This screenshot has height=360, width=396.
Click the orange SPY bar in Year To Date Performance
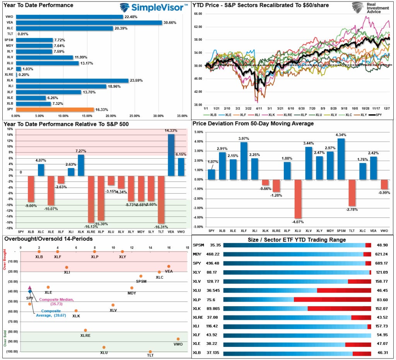[x=55, y=110]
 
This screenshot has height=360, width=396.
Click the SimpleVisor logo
[x=154, y=7]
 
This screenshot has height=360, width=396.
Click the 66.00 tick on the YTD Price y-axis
[x=198, y=14]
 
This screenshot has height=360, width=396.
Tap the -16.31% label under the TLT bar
[x=161, y=227]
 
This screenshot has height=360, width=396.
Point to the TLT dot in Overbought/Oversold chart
[x=150, y=351]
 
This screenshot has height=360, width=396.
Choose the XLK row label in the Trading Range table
[x=198, y=309]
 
